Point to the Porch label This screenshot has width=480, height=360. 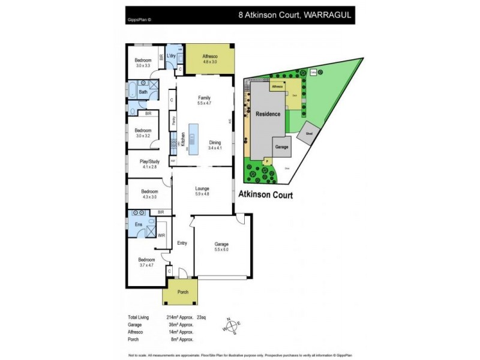(x=183, y=292)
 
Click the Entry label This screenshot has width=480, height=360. (x=182, y=243)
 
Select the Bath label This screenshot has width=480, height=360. (x=143, y=92)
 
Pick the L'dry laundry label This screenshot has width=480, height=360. (x=171, y=56)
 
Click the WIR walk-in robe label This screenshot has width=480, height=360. (x=161, y=236)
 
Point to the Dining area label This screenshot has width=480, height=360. (x=215, y=145)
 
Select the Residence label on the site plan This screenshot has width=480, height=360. (x=268, y=113)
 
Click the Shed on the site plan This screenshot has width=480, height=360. (x=309, y=134)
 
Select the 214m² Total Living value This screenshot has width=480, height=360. (x=173, y=316)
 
